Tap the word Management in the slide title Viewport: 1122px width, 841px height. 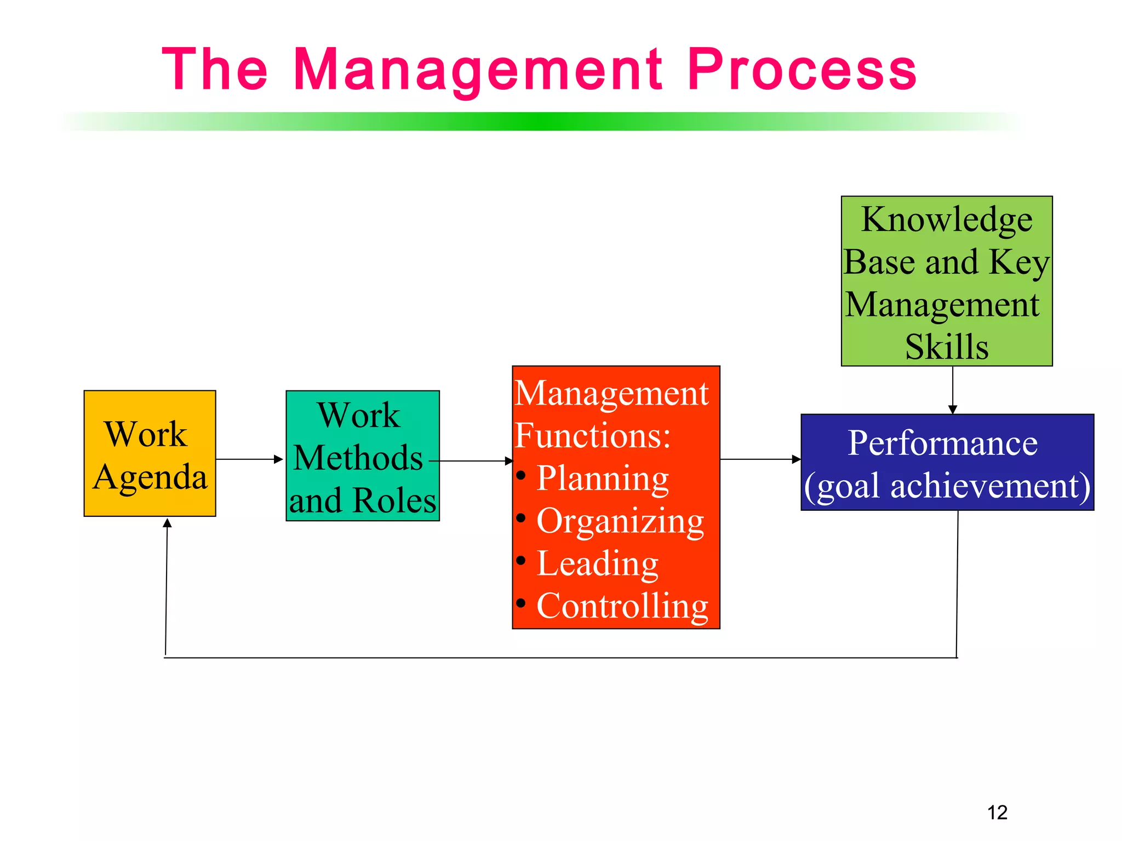pos(478,70)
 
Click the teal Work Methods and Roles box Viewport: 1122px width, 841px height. pos(363,456)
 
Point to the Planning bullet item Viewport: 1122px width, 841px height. pos(602,479)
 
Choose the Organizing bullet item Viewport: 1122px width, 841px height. pos(620,521)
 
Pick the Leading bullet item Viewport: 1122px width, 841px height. pos(597,563)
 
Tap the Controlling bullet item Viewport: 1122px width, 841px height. pos(622,606)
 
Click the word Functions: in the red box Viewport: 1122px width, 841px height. pos(593,436)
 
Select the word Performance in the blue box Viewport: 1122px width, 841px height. pos(942,442)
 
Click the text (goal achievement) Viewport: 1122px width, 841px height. pos(947,486)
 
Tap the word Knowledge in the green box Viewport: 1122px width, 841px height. pos(947,220)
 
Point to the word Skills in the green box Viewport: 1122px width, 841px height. pos(947,347)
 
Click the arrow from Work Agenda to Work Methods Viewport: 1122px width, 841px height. pos(250,459)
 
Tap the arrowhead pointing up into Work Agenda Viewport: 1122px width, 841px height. pos(168,523)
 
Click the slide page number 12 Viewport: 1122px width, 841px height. pos(997,812)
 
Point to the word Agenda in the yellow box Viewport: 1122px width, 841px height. pos(150,477)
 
